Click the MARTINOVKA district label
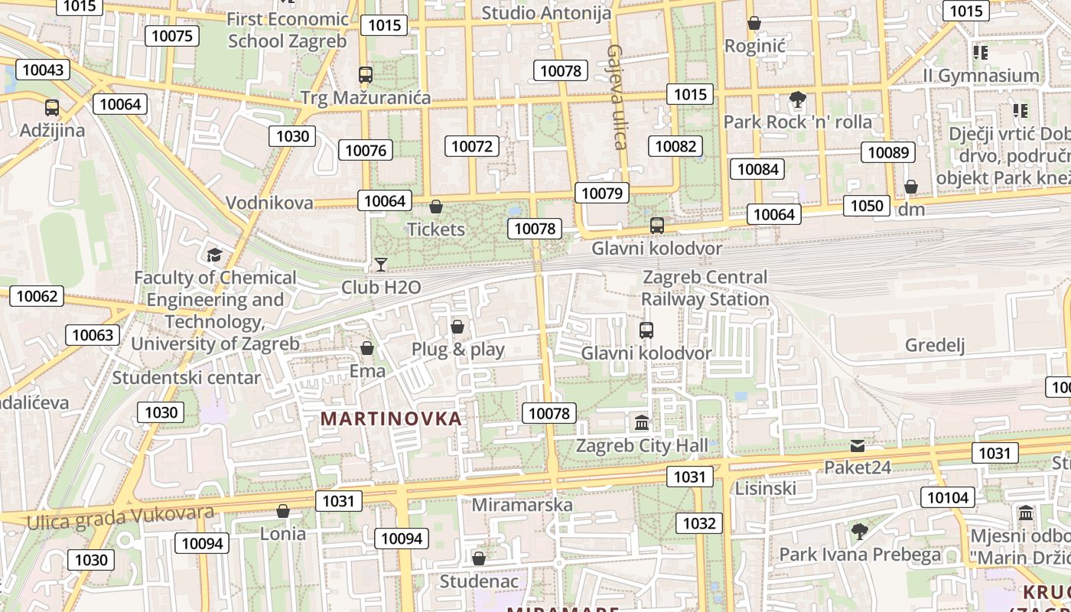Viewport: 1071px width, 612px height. [391, 418]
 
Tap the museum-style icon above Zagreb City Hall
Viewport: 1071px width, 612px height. [642, 422]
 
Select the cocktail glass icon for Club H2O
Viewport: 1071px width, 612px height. [381, 265]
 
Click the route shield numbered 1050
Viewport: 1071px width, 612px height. [867, 205]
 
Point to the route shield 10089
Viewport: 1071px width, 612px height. [888, 152]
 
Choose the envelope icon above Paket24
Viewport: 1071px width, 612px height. [858, 445]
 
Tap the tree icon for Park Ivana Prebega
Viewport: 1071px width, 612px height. [860, 531]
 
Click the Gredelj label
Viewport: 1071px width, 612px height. [935, 345]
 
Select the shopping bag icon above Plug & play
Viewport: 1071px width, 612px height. [457, 327]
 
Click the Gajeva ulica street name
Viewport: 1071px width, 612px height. [617, 96]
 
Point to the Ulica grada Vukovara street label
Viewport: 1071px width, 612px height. [120, 516]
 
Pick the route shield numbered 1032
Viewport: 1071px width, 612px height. [699, 523]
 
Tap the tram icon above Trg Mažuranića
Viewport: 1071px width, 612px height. [366, 75]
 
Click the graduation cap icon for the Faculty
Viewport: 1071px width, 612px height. [214, 255]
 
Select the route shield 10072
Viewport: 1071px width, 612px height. [473, 146]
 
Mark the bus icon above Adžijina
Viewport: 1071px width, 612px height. [52, 108]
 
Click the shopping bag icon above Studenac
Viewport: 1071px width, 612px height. [479, 559]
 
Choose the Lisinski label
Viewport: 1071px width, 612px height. [765, 488]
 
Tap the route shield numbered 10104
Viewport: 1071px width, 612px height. [947, 497]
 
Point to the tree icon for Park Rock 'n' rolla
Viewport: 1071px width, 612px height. [797, 99]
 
